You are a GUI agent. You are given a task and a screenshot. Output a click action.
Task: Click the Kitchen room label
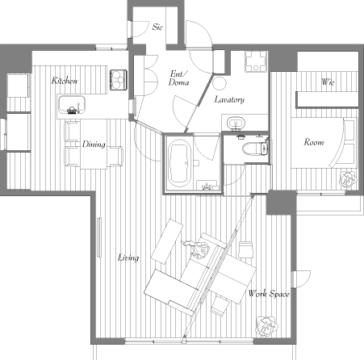tap(65, 81)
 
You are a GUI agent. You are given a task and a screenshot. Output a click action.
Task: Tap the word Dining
tap(94, 144)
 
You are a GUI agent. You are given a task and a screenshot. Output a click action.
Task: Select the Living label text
tap(128, 257)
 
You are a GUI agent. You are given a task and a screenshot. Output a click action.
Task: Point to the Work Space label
tap(269, 294)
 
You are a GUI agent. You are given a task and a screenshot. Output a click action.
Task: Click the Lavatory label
tap(229, 99)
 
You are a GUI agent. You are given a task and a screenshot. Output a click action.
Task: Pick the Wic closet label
tap(328, 82)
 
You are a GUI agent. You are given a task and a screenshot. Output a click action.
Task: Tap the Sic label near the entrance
tap(157, 27)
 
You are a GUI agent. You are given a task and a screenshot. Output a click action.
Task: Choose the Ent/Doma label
tap(179, 78)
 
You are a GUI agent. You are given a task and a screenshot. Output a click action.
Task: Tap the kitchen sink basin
tap(72, 105)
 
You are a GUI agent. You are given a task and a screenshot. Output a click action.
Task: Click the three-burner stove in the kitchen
tap(119, 80)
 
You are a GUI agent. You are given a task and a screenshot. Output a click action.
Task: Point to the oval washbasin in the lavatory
tap(236, 123)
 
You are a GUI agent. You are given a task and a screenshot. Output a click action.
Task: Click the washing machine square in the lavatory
tap(256, 61)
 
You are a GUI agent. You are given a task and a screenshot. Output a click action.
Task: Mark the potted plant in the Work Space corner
tap(266, 326)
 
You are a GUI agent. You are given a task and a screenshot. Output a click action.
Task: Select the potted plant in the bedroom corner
tap(348, 178)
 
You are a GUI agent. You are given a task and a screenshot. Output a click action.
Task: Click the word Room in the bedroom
tap(314, 142)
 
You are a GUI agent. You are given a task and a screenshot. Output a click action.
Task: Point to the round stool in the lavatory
tap(220, 83)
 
